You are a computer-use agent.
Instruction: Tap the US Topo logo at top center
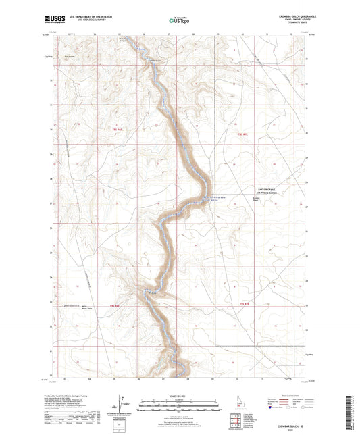pos(177,21)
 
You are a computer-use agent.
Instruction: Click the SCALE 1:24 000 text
pos(180,397)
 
